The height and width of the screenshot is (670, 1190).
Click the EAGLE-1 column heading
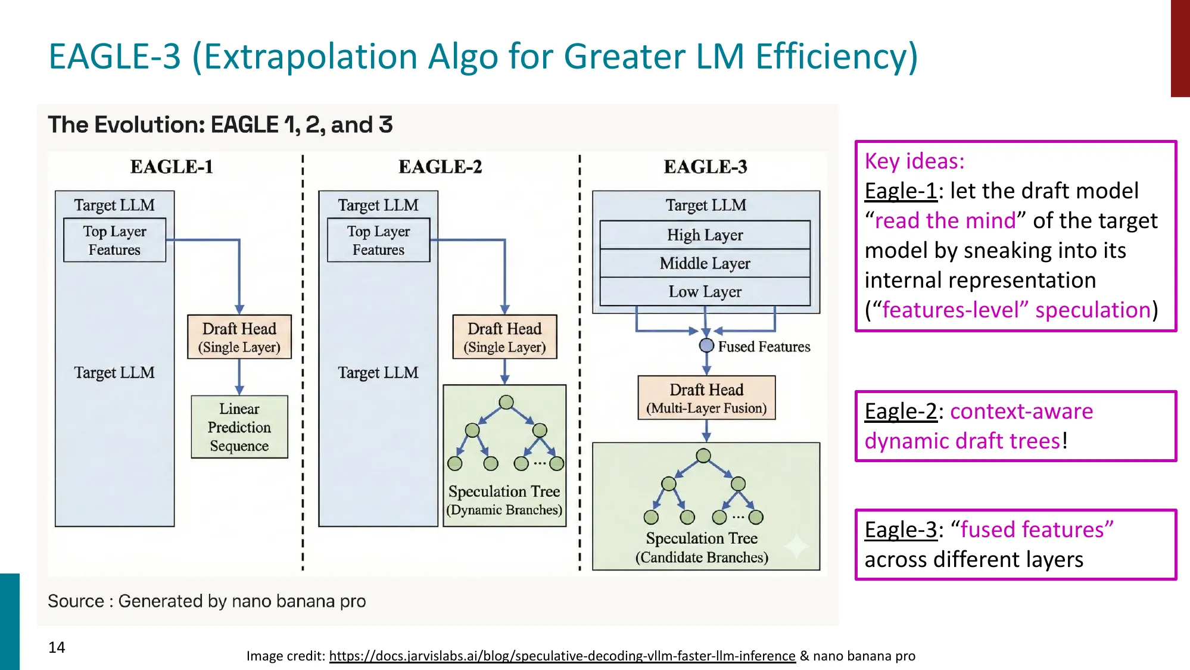coord(172,167)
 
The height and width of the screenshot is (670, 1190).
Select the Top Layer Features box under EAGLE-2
coord(378,240)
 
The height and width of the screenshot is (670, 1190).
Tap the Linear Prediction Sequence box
coord(239,427)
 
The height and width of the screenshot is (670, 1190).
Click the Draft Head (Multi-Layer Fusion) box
coord(706,398)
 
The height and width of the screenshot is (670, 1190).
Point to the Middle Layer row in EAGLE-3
coord(705,263)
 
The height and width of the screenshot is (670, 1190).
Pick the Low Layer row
coord(705,292)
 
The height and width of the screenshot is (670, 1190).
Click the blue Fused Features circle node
coord(706,345)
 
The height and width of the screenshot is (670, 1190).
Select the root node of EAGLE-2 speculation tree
coord(506,403)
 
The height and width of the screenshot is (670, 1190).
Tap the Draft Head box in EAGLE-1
coord(239,337)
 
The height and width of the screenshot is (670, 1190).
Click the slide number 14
coord(57,647)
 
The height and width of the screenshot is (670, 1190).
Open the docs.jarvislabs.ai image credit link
coord(562,656)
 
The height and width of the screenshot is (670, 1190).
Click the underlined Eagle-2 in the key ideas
coord(901,412)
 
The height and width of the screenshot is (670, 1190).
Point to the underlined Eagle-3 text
coord(901,530)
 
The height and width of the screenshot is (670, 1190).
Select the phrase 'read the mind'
coord(945,221)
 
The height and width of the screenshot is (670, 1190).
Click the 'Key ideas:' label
coord(914,161)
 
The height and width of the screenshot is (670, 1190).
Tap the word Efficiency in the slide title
coord(836,57)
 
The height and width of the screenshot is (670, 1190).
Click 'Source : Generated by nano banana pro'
coord(207,601)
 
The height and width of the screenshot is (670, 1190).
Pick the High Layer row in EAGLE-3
coord(705,235)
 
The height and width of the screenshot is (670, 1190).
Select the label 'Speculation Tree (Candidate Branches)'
coord(702,547)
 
